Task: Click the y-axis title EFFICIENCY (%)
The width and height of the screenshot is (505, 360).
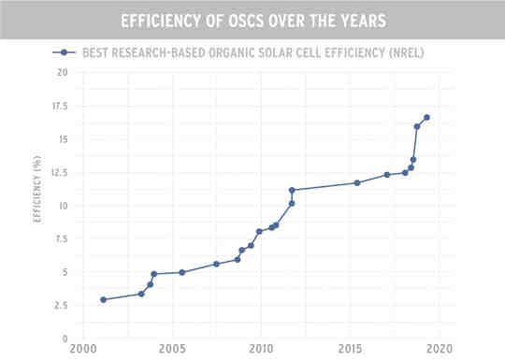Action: (37, 205)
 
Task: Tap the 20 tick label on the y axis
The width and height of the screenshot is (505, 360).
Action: (62, 72)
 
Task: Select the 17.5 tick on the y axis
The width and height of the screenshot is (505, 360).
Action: (59, 106)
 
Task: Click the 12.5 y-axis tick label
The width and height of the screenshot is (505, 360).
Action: (59, 172)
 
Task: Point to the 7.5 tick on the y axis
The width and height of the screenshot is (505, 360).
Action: (61, 238)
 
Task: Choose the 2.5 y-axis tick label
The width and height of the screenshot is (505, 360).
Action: (61, 306)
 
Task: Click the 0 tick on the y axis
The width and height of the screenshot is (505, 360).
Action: (65, 338)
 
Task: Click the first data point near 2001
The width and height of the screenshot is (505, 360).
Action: (103, 299)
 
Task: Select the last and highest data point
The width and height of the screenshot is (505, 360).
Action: (426, 118)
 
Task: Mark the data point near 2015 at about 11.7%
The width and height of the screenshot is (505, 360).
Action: (357, 182)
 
